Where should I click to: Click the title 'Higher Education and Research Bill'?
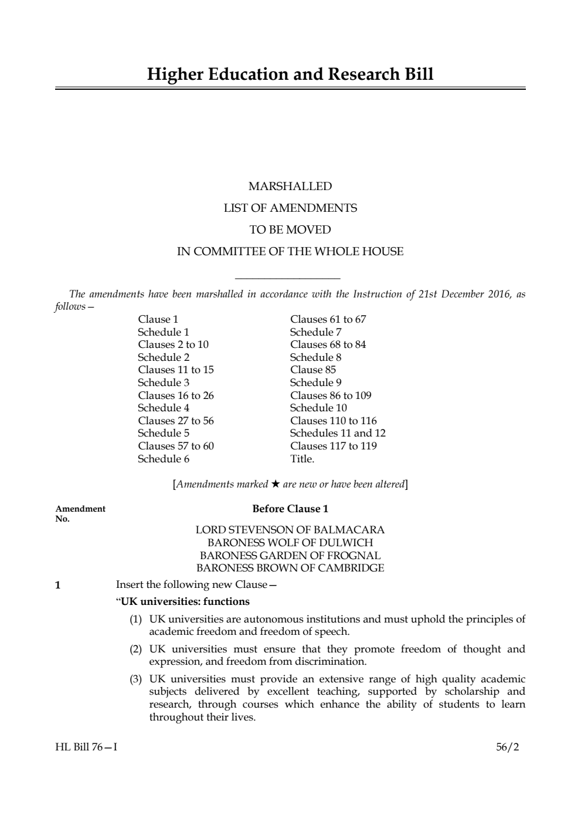290,75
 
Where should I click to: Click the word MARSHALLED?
290,187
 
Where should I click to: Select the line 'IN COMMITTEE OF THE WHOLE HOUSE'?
290,252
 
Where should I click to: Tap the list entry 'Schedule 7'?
315,332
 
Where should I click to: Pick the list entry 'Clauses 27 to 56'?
176,421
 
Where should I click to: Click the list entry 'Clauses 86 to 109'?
331,395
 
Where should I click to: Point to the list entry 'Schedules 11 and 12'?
338,433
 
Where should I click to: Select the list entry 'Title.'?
302,459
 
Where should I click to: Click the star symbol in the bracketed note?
276,484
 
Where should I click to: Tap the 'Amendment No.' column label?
80,513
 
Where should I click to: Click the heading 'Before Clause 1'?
290,509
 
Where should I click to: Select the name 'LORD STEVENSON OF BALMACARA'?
290,530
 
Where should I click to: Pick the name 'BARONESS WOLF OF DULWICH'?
290,543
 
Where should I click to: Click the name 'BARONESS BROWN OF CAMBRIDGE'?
290,568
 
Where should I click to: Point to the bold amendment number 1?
57,585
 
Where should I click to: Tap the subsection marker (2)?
136,649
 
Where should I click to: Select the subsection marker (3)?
136,679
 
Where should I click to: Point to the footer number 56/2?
507,747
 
